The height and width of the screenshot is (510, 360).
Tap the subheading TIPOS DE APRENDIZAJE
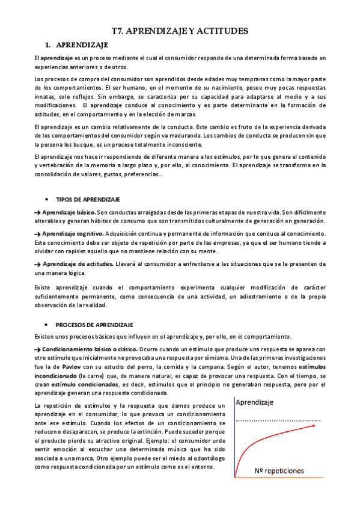click(88, 199)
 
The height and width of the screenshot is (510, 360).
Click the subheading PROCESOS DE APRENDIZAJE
click(94, 325)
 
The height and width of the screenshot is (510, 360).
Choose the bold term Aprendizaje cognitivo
click(73, 233)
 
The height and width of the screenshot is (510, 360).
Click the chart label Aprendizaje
click(255, 404)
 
